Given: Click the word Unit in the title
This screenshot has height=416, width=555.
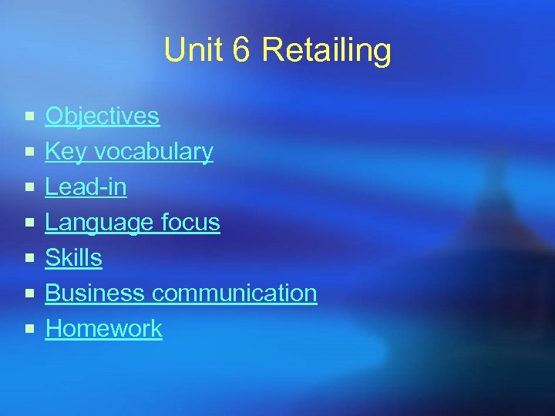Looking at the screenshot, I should click(x=187, y=51).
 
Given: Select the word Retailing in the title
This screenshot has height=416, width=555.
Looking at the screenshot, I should click(x=327, y=51).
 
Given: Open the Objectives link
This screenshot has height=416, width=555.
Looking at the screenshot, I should click(x=102, y=116).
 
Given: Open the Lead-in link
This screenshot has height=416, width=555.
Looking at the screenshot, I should click(x=86, y=187).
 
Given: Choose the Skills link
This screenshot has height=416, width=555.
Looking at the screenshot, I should click(x=73, y=258).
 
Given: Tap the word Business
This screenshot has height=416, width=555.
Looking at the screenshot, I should click(x=95, y=294).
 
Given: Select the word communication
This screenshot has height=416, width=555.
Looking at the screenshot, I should click(x=234, y=294).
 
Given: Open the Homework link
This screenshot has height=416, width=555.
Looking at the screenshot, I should click(x=103, y=329).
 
